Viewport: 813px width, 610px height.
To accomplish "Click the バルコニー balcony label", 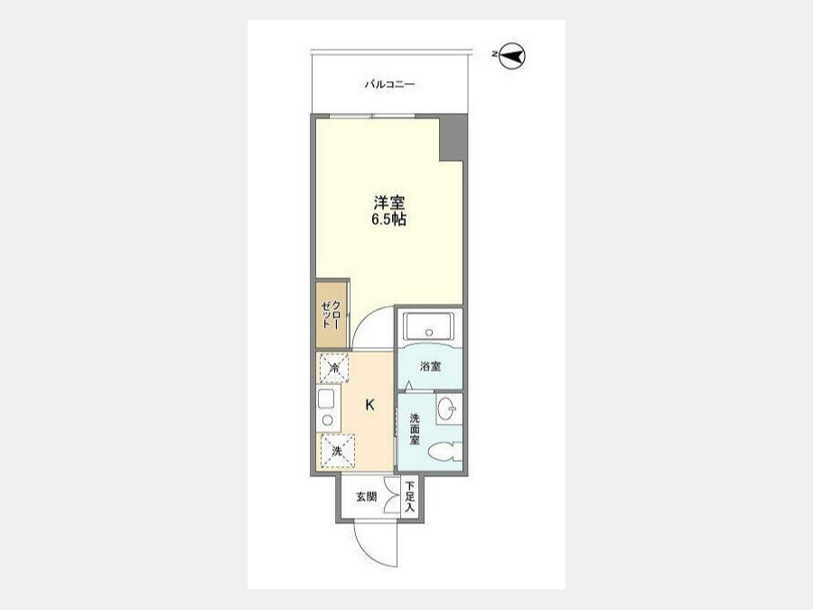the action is pos(389,84).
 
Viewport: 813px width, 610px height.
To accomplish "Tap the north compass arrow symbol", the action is pos(512,55).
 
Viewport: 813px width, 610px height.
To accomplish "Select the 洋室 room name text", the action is pos(388,202).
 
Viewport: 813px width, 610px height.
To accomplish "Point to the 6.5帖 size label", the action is pos(388,220).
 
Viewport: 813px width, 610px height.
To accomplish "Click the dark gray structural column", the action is pos(451,138).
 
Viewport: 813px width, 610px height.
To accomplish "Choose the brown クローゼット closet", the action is pos(332,314).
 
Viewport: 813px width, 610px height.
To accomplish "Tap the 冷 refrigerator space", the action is pos(334,369).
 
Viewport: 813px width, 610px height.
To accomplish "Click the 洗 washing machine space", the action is pos(337,451).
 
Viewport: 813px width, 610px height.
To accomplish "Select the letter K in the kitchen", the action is pos(369,405).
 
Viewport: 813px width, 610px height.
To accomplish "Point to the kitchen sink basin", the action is pos(327,399).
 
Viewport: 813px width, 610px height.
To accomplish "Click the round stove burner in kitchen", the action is pos(327,420).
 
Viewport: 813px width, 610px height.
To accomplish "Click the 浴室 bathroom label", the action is pos(430,367).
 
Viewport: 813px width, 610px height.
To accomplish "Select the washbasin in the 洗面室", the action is pos(448,408).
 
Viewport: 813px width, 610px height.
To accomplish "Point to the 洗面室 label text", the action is pos(415,429).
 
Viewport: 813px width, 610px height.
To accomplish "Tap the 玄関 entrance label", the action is pos(366,497).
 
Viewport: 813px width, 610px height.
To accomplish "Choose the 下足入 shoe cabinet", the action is pos(410,497).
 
